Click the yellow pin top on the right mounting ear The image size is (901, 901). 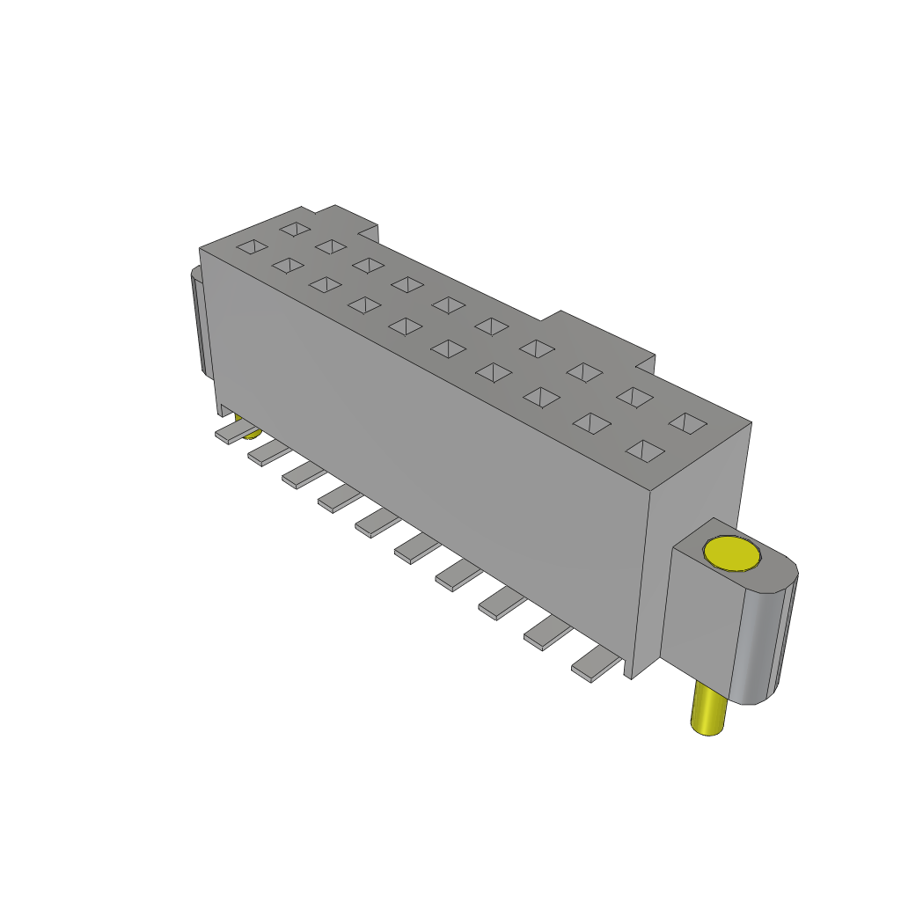coord(731,553)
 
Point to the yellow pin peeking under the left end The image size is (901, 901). coord(252,433)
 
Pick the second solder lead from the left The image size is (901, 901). coord(267,453)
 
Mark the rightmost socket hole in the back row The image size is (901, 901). coord(688,423)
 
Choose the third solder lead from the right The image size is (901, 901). coord(500,603)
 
